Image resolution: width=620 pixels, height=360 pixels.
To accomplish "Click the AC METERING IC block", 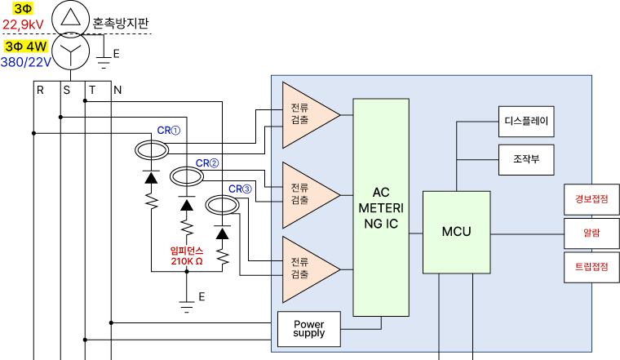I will [x=381, y=207].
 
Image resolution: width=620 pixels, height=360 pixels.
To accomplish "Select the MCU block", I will [x=456, y=232].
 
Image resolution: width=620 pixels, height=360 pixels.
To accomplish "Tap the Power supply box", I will [x=308, y=329].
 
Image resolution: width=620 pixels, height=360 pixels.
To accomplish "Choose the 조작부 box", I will [x=526, y=159].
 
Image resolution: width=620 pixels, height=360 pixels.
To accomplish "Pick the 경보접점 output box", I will [x=591, y=199].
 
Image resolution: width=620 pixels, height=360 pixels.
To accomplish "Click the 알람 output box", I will [x=591, y=233].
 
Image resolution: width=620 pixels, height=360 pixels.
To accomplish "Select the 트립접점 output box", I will [x=591, y=267].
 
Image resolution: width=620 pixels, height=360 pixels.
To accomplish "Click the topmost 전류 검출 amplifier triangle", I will [x=305, y=114].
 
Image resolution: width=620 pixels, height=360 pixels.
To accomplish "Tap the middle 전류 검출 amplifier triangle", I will [x=305, y=194].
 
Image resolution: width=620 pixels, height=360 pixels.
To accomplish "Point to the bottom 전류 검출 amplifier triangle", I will [x=305, y=269].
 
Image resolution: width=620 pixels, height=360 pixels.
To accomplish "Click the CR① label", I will [x=169, y=130].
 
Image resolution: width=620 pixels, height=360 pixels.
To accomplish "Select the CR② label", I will [x=207, y=163].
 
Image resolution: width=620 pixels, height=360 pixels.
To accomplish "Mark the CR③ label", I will [x=240, y=189].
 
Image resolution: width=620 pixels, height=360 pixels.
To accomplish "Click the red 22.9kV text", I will [x=23, y=24].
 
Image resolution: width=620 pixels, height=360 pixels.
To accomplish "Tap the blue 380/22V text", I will [x=26, y=61].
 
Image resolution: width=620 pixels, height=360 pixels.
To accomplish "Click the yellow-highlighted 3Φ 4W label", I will [x=26, y=47].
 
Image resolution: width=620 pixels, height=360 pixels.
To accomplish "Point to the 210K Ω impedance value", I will [x=187, y=262].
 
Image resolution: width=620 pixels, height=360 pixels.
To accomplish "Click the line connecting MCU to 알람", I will [x=527, y=233].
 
